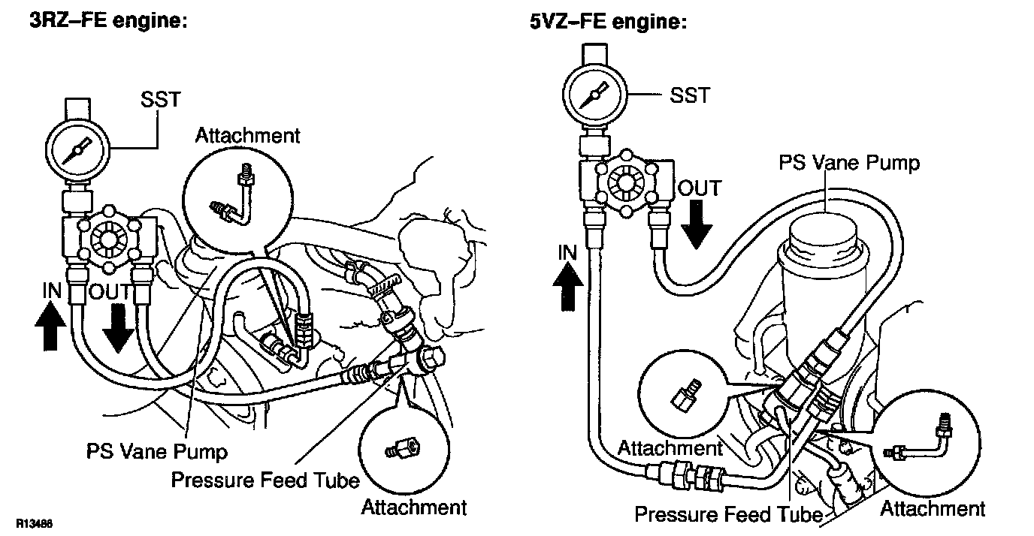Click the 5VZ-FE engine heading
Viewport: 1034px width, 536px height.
607,23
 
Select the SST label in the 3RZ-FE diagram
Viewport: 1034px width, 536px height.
159,99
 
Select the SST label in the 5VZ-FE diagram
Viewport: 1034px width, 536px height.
688,95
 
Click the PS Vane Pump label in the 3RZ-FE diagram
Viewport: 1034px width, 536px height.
156,452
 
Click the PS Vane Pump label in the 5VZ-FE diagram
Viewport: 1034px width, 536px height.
848,162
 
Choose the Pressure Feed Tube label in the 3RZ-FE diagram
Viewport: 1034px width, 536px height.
265,480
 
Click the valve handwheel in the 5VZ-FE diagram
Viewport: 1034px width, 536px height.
626,182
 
